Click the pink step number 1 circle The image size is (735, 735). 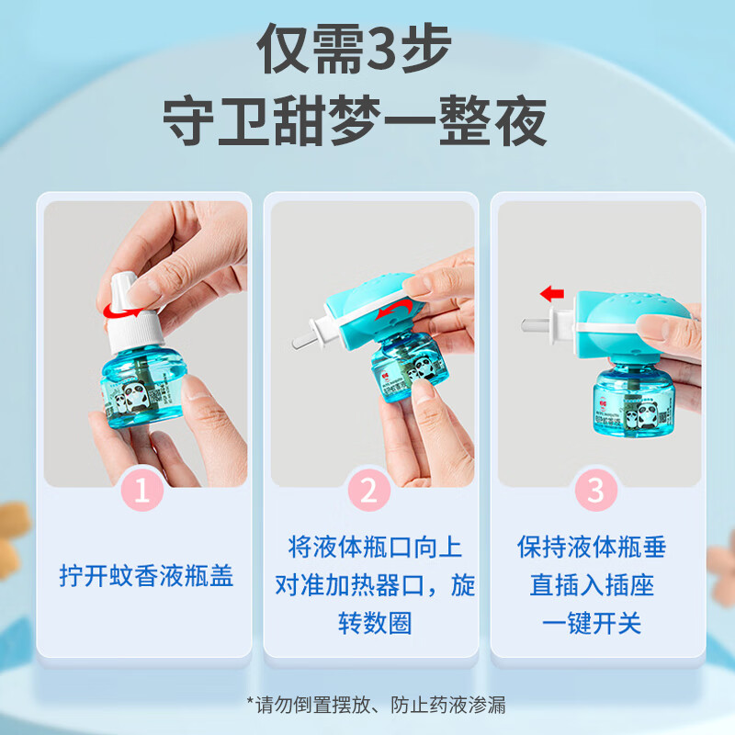pyautogui.click(x=142, y=491)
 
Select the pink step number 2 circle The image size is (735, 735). pyautogui.click(x=368, y=491)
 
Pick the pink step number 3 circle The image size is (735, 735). pyautogui.click(x=595, y=491)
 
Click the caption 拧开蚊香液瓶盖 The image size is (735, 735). pyautogui.click(x=147, y=576)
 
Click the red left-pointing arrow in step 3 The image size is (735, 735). pyautogui.click(x=551, y=294)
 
